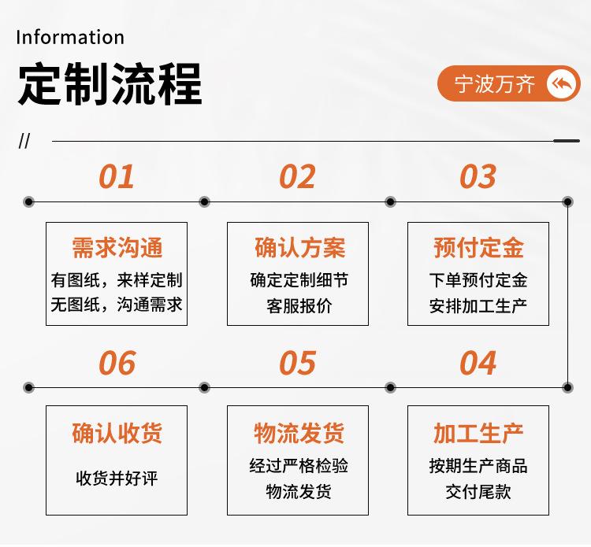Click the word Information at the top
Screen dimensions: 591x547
click(70, 37)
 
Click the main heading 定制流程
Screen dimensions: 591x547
click(110, 84)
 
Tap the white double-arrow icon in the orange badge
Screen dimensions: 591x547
click(562, 83)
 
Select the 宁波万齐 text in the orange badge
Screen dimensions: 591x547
click(495, 84)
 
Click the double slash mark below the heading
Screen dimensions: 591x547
click(24, 141)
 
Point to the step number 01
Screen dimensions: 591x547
click(117, 176)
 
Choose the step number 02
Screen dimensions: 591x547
click(297, 176)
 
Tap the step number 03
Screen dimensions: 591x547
click(478, 176)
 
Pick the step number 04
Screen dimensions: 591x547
click(478, 363)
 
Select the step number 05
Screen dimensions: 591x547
click(297, 363)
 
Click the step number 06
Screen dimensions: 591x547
click(117, 363)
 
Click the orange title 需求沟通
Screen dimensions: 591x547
click(117, 248)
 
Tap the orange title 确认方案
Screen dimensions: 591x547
click(299, 248)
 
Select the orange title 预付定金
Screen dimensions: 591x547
click(478, 248)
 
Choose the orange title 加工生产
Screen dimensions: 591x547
click(478, 433)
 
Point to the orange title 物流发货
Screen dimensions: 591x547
click(299, 433)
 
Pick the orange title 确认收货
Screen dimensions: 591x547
click(117, 433)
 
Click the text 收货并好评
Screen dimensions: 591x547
click(117, 478)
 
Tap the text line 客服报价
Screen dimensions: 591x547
click(299, 305)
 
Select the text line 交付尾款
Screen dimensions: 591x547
click(478, 491)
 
